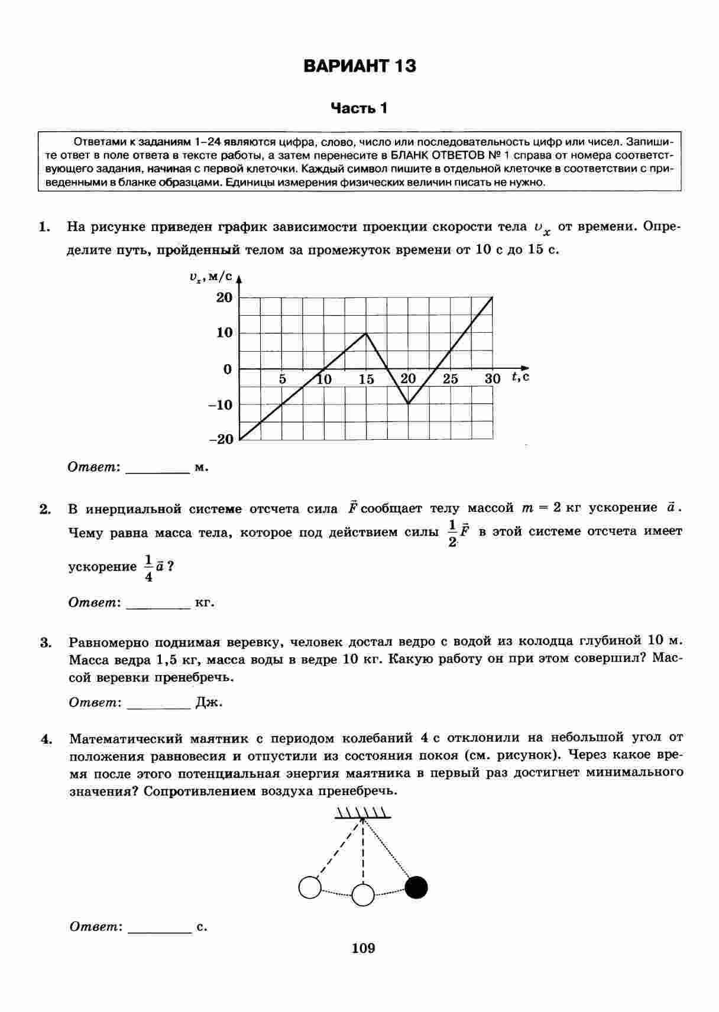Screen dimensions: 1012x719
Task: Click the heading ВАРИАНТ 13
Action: (359, 66)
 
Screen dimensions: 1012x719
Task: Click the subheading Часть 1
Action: (359, 108)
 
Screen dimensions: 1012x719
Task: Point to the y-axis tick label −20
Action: (222, 439)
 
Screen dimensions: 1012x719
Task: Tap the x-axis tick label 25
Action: (451, 379)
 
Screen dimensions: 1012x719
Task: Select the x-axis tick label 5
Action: (283, 379)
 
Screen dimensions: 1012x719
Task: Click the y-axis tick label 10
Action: (225, 333)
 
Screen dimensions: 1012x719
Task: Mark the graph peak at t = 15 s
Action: (367, 333)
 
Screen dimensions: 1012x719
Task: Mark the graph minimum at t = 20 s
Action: (409, 404)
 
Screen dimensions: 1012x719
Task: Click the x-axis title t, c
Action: (520, 377)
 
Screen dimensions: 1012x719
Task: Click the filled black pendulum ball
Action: (416, 887)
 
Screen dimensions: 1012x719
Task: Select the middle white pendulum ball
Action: (363, 895)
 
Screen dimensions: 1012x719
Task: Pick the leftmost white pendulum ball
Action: (310, 887)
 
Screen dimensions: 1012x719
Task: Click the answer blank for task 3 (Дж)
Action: (158, 703)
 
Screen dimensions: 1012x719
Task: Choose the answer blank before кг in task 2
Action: (158, 604)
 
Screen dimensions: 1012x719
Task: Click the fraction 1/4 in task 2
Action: (148, 568)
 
